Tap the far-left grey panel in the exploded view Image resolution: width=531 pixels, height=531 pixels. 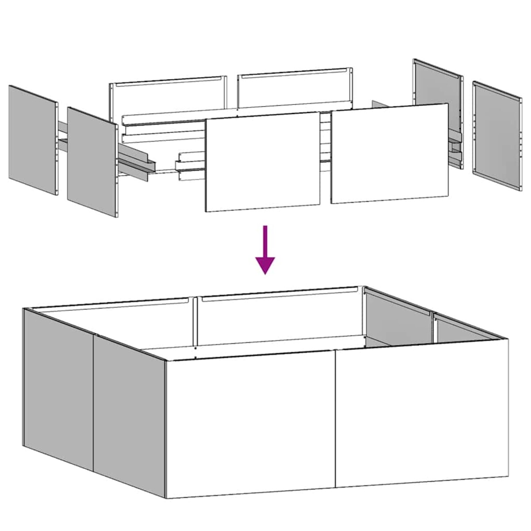[x=33, y=140]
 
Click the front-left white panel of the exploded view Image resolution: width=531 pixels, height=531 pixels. [x=263, y=162]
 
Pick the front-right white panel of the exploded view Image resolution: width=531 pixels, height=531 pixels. [x=389, y=153]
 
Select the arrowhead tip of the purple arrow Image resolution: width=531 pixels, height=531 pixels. [x=265, y=273]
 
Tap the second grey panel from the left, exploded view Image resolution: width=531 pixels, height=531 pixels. [x=92, y=162]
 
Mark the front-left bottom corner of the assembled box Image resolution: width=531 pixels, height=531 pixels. [x=167, y=498]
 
